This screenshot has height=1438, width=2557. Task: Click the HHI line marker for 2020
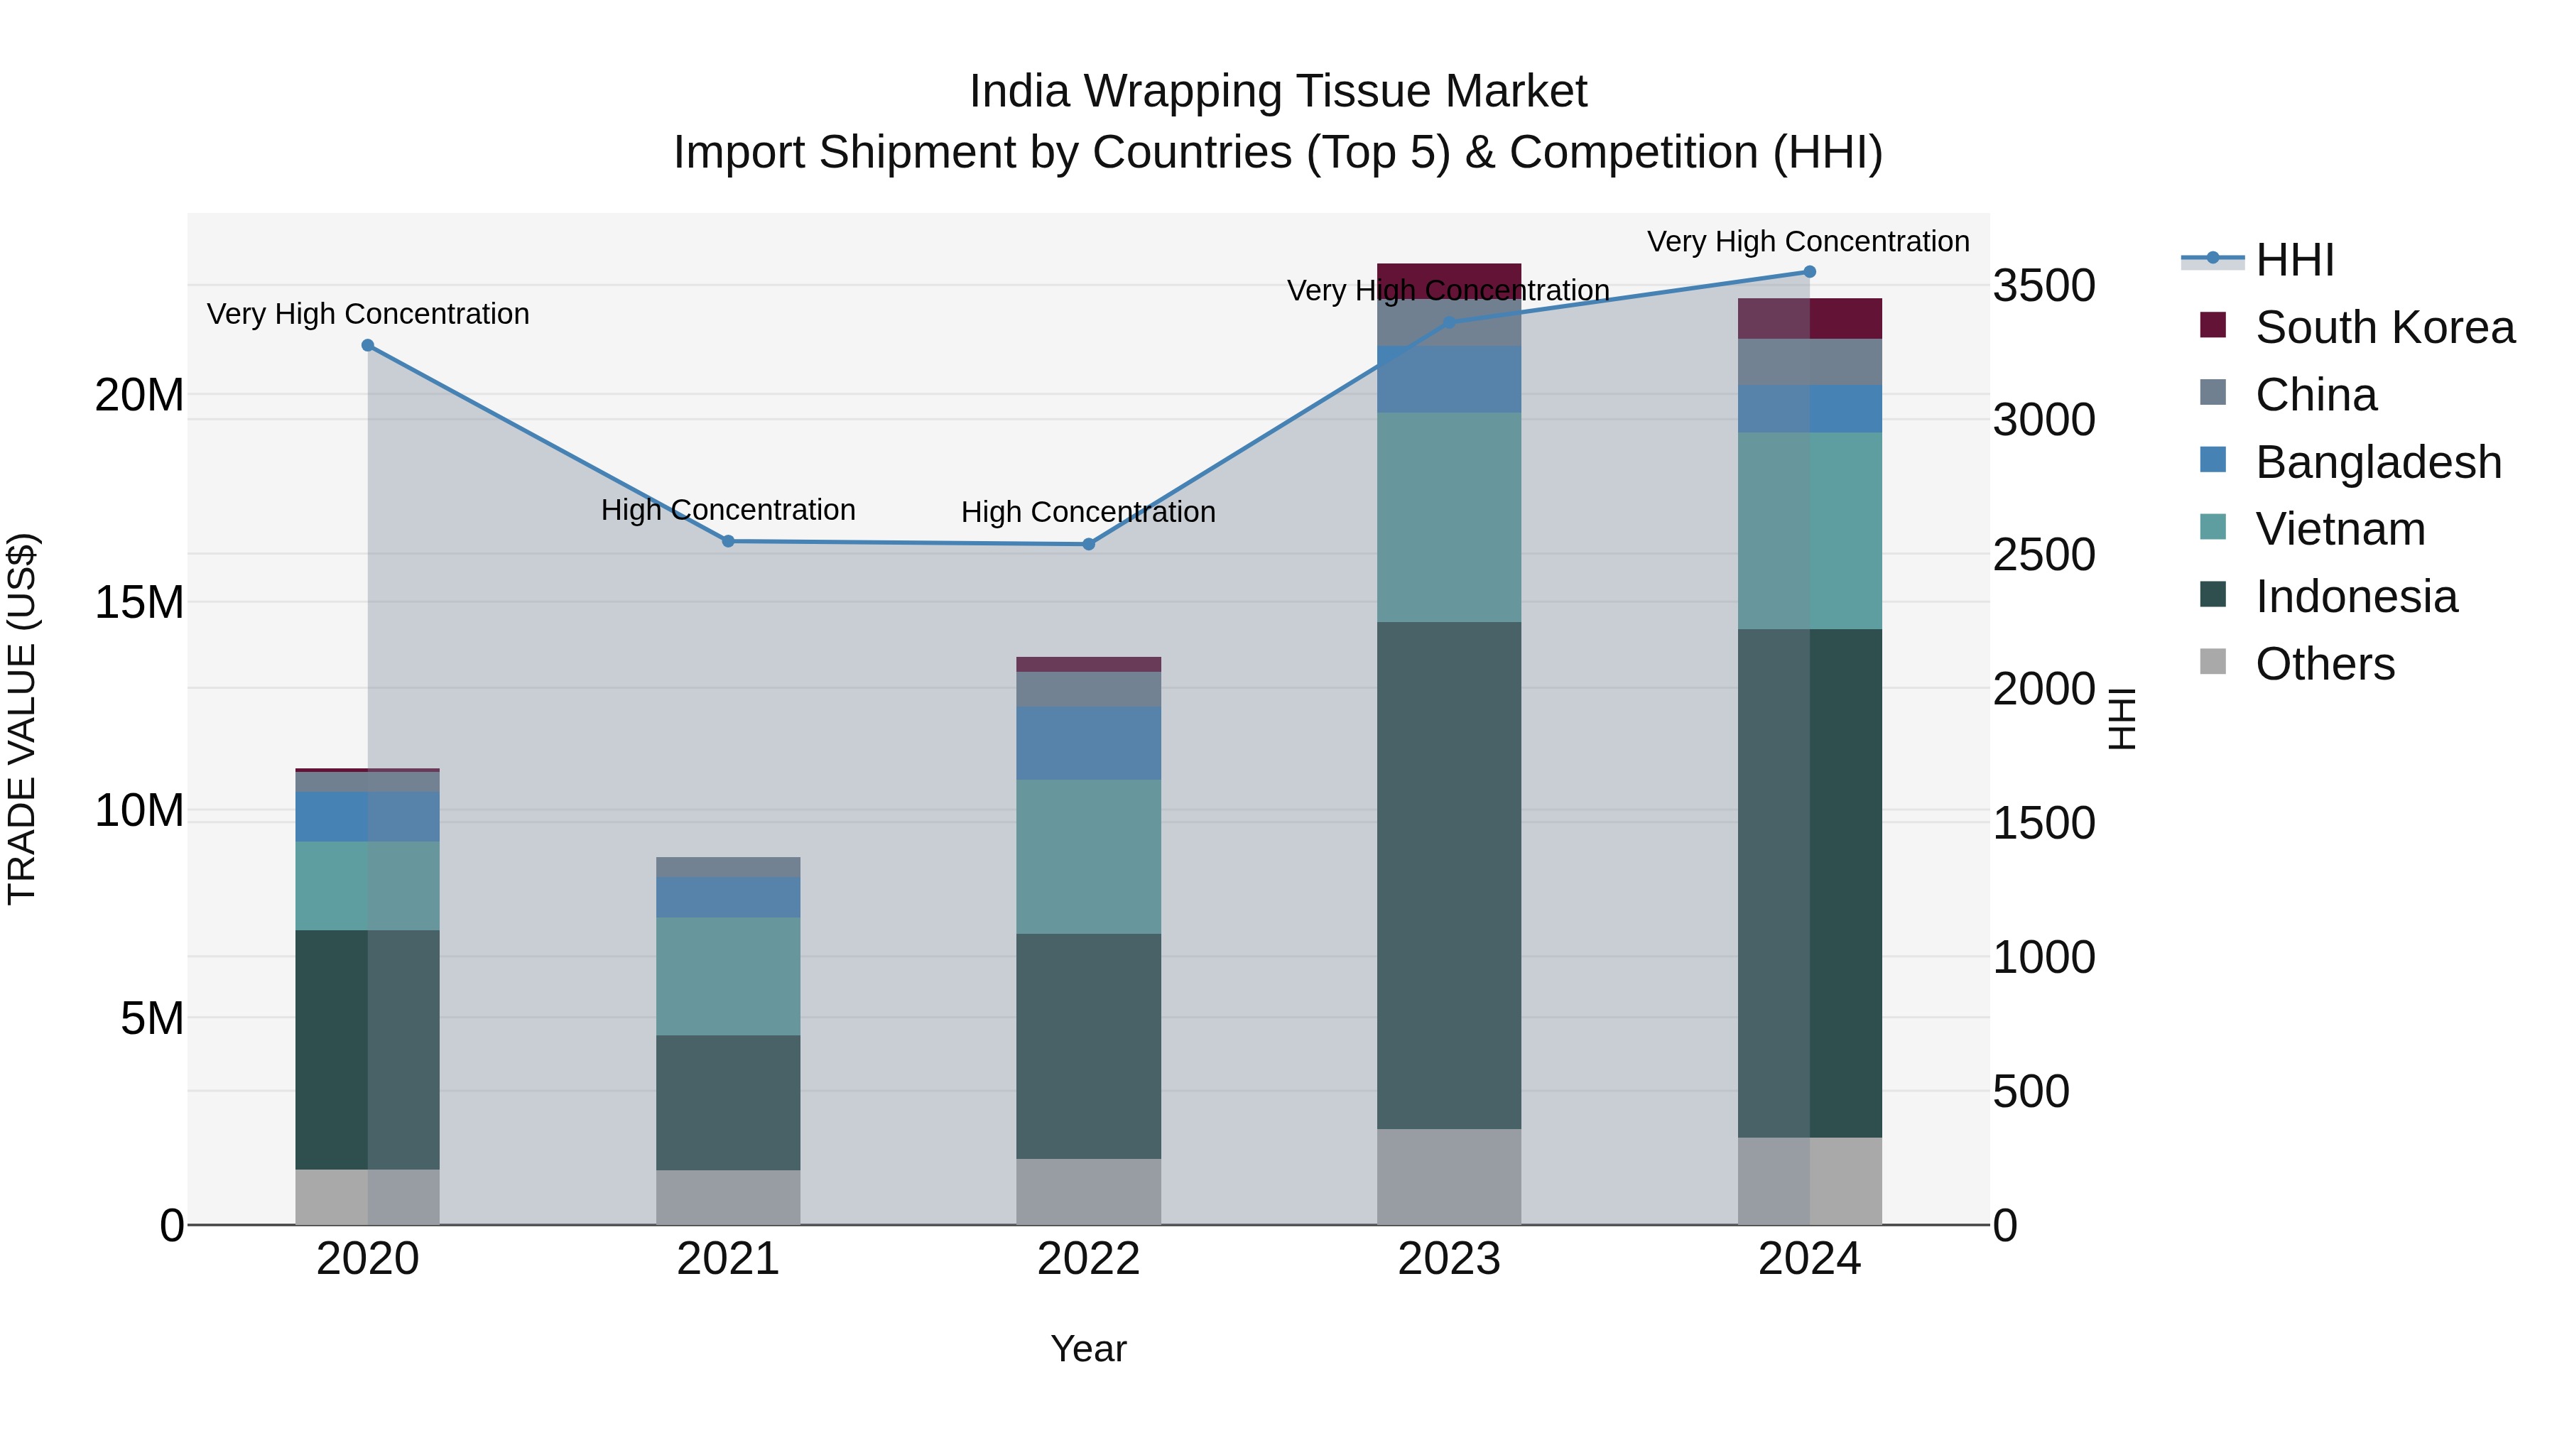(x=367, y=345)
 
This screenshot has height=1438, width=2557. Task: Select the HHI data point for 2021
(x=727, y=541)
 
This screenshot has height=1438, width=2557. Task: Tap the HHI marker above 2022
(x=1088, y=544)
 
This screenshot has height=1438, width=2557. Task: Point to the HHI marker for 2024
(x=1808, y=272)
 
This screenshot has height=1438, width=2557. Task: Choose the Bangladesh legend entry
(x=2377, y=462)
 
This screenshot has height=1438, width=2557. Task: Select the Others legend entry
(x=2324, y=664)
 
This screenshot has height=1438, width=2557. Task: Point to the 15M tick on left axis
(x=139, y=602)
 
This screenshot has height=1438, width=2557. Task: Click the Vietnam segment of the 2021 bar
(x=727, y=976)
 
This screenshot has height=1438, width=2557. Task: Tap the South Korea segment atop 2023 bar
(x=1448, y=280)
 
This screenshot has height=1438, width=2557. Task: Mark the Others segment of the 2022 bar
(x=1088, y=1191)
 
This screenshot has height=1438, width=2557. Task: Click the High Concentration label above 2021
(x=727, y=510)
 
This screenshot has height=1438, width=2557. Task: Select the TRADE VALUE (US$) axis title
(x=22, y=719)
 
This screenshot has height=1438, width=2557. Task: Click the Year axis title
(x=1088, y=1349)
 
